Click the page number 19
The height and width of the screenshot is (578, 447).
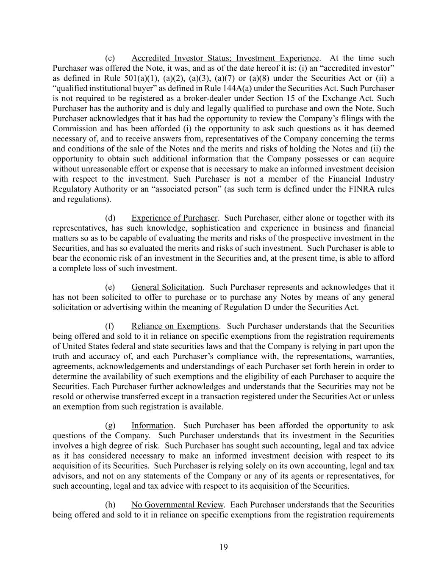point(224,547)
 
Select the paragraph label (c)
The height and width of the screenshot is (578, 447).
point(110,58)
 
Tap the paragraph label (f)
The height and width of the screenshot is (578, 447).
point(109,326)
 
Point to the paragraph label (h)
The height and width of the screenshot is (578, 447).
point(110,505)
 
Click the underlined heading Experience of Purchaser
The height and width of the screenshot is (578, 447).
point(175,218)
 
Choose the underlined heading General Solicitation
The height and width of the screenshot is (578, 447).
point(167,287)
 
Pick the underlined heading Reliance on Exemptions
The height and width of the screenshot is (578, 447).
point(175,326)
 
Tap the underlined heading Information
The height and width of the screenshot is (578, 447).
point(152,426)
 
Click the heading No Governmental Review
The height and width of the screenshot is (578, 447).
point(177,505)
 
